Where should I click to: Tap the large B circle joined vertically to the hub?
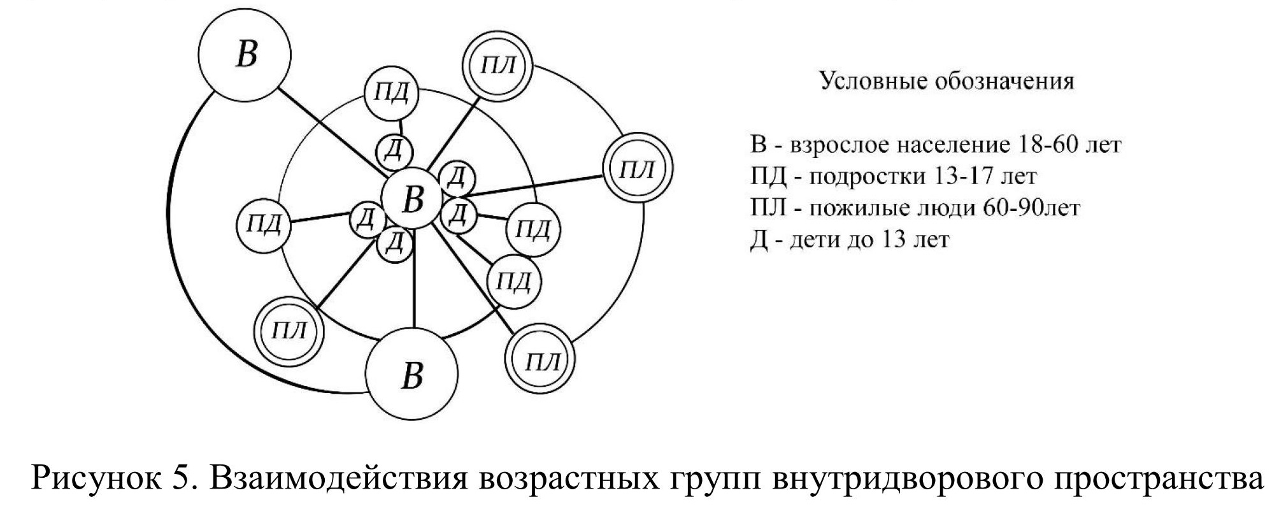click(412, 374)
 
